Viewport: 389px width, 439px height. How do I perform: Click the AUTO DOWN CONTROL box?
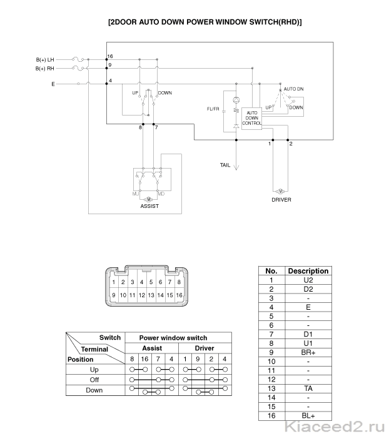[x=251, y=119]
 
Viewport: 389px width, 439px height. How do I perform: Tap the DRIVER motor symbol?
[x=280, y=192]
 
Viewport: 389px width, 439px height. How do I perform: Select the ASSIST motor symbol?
[x=149, y=199]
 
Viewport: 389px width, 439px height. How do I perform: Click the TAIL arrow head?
[x=236, y=168]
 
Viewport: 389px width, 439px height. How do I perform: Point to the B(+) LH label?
[x=45, y=59]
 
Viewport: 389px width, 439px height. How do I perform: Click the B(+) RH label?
[x=44, y=68]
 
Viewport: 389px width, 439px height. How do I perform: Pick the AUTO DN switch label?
[x=294, y=89]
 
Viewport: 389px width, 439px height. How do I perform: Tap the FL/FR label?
[x=213, y=109]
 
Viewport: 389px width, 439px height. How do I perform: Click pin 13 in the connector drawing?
[x=151, y=295]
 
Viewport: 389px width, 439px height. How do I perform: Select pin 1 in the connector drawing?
[x=114, y=282]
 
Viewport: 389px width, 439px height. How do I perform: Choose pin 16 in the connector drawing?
[x=179, y=295]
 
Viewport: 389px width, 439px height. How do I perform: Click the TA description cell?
[x=308, y=388]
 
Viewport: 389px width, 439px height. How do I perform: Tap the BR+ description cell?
[x=308, y=352]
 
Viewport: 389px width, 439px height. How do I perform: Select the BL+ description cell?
[x=308, y=416]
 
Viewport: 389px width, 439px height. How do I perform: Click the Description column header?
[x=308, y=271]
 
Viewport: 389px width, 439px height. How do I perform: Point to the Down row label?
[x=94, y=390]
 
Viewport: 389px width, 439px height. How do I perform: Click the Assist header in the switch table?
[x=152, y=348]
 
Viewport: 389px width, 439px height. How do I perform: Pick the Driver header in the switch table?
[x=205, y=348]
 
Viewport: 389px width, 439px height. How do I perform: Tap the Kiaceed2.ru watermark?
[x=335, y=428]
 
